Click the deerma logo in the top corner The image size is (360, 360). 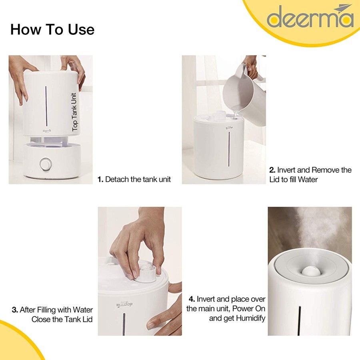pyautogui.click(x=310, y=16)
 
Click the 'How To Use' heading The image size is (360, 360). pyautogui.click(x=52, y=29)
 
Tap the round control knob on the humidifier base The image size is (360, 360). pyautogui.click(x=46, y=164)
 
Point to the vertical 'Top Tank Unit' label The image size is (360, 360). pyautogui.click(x=74, y=112)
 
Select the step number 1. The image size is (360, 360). pyautogui.click(x=100, y=179)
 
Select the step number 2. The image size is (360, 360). pyautogui.click(x=272, y=170)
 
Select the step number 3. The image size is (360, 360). pyautogui.click(x=15, y=310)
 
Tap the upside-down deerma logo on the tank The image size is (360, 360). pyautogui.click(x=125, y=305)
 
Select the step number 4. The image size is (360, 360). pyautogui.click(x=192, y=299)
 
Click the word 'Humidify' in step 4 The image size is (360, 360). pyautogui.click(x=251, y=318)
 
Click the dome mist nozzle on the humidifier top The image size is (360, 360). pyautogui.click(x=309, y=271)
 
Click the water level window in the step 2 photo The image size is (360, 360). pyautogui.click(x=229, y=149)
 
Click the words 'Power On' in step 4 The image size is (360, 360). pyautogui.click(x=249, y=308)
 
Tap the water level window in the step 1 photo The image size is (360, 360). pyautogui.click(x=46, y=106)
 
